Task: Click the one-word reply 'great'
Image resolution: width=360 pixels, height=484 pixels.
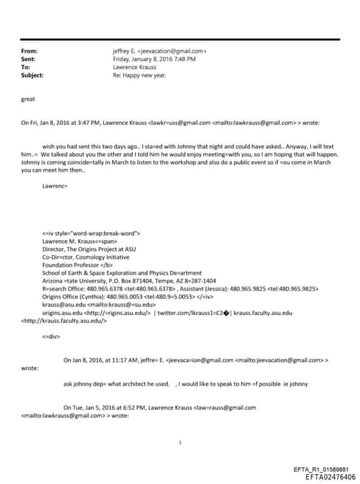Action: coord(28,100)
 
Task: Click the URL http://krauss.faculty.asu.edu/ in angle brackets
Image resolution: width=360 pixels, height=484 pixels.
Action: coord(64,320)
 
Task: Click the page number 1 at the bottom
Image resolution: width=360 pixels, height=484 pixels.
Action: coord(181,442)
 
